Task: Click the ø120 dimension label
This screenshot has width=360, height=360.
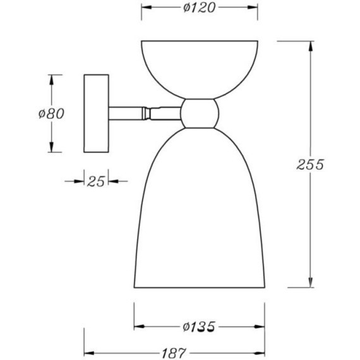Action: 200,8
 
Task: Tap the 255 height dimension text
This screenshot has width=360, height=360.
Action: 310,164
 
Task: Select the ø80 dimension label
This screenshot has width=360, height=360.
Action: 51,114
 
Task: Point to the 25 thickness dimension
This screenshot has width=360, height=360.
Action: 96,181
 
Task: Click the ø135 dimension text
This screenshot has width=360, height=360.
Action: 200,327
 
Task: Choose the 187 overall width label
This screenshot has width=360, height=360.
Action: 174,353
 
